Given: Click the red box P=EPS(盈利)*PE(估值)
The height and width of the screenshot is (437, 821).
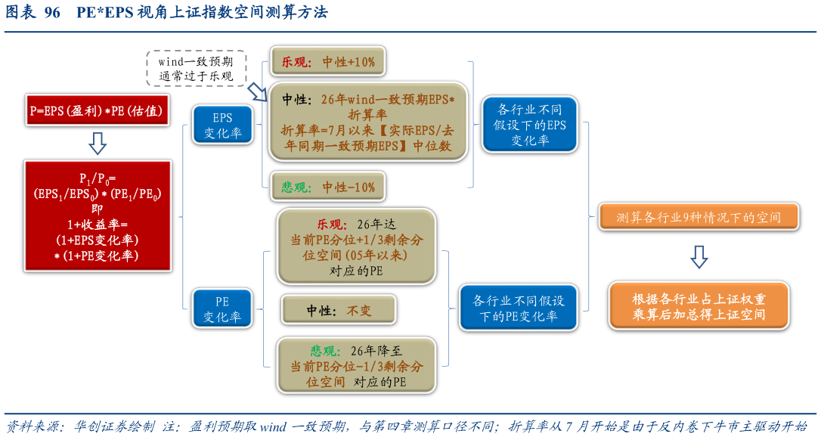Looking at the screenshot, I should (97, 110).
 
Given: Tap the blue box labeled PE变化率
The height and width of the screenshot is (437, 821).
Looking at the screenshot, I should (222, 308).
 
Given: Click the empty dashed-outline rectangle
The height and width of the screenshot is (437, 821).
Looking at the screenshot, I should (196, 68).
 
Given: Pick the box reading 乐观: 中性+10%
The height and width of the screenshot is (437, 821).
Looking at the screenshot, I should (329, 62).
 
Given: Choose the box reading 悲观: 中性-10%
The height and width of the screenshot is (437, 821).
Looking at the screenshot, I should (328, 187).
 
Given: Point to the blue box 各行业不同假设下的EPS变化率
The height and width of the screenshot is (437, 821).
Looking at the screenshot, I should (529, 124).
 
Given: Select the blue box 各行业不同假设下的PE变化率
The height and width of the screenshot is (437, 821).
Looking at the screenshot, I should (519, 308).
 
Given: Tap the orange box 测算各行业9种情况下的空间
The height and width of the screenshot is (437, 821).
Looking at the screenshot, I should (699, 218).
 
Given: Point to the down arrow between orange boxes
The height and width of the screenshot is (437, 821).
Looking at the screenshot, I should (699, 257).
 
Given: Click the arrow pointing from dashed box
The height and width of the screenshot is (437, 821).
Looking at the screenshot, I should (257, 91).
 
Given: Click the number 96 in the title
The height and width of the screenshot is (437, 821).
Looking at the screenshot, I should (52, 13).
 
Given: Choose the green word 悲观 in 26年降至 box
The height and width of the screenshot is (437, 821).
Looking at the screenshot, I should (326, 351).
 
